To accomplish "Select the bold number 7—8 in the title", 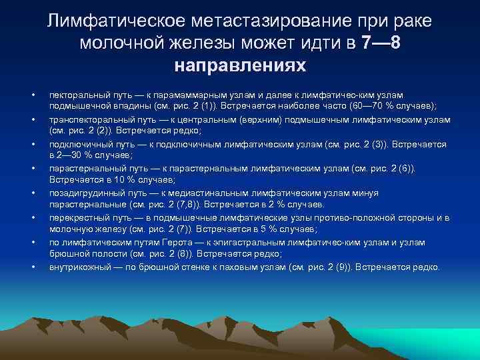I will [x=380, y=43].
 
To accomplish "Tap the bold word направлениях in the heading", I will [x=240, y=66].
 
